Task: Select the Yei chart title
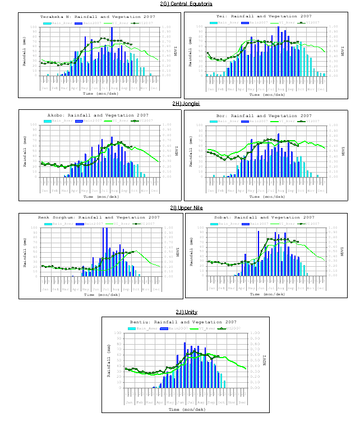click(x=264, y=16)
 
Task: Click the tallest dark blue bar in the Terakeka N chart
click(x=112, y=50)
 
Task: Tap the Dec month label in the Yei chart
click(x=321, y=89)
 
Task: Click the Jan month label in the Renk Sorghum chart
click(x=44, y=289)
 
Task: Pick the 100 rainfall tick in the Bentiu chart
click(x=119, y=333)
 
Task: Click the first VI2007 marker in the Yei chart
click(x=207, y=53)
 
